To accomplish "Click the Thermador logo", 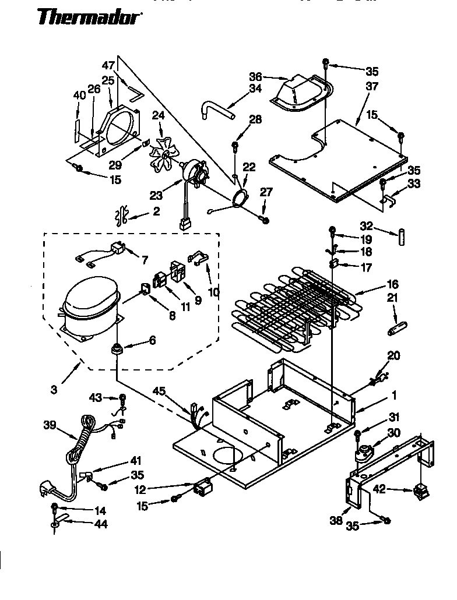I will click(x=90, y=18).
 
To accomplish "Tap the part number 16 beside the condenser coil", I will click(x=392, y=284).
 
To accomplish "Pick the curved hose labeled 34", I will click(x=216, y=110).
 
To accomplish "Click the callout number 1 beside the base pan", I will click(x=393, y=395).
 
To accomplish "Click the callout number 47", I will click(x=109, y=65).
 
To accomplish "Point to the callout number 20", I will click(x=393, y=356).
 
